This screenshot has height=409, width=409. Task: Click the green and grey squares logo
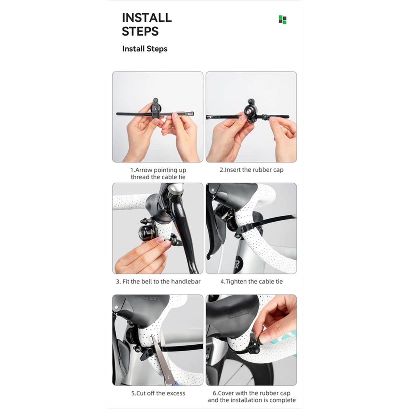tap(282, 20)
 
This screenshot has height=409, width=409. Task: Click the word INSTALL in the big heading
tap(147, 18)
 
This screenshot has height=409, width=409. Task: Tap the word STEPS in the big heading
tap(140, 31)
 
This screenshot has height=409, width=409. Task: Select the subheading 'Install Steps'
tap(145, 49)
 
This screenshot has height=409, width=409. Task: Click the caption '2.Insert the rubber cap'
tap(252, 170)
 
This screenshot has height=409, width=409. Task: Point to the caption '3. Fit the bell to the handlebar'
tap(158, 282)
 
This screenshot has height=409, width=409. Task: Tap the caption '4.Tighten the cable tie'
tap(252, 282)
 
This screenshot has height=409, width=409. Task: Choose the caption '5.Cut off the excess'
tap(158, 393)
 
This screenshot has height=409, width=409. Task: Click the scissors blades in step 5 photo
tap(162, 357)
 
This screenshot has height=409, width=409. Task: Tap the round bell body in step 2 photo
tap(249, 111)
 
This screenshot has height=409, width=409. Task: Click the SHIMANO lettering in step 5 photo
tap(151, 298)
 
